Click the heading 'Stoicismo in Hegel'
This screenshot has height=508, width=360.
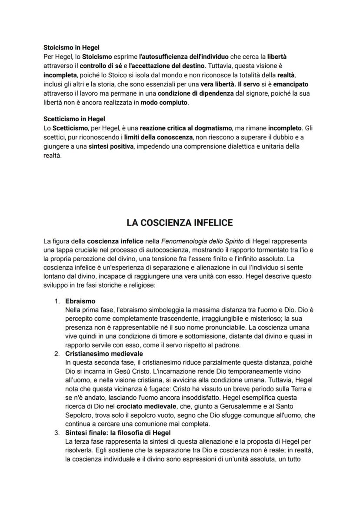(71, 48)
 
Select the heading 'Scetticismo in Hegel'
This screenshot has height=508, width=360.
(74, 119)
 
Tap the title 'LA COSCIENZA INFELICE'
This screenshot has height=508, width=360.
(180, 222)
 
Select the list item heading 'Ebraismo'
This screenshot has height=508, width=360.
(80, 301)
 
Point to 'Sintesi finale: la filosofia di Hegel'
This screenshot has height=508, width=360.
(118, 433)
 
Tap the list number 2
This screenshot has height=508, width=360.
(57, 354)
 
